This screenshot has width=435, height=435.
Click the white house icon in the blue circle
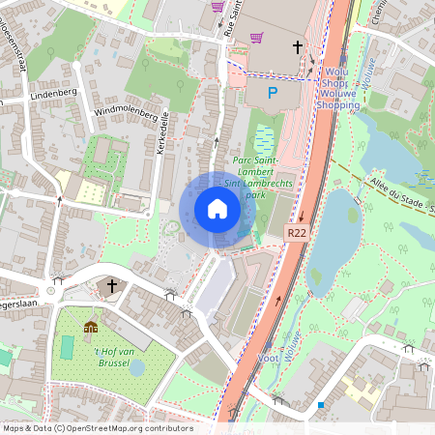pos(217,209)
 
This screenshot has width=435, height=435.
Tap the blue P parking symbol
pos(273,93)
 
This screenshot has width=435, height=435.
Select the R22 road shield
pos(298,233)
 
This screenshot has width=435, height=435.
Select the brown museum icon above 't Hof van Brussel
pos(92,328)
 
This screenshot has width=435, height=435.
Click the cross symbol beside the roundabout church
pos(112,286)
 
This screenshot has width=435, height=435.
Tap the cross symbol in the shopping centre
pos(297,45)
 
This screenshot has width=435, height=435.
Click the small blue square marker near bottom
pos(320,405)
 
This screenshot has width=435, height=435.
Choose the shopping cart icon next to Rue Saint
pos(256,39)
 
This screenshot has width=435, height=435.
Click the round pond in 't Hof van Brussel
pos(136,368)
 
